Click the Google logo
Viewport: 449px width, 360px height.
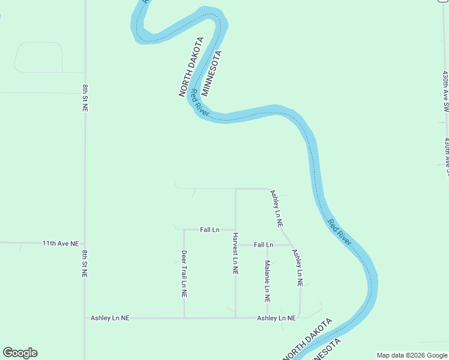pos(20,353)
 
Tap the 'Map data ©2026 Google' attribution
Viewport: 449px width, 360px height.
pos(412,355)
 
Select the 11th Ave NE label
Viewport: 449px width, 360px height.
pos(61,244)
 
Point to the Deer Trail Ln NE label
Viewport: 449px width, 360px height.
pos(184,274)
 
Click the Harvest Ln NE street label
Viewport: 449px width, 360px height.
pos(235,254)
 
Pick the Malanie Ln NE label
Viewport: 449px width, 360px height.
pos(268,281)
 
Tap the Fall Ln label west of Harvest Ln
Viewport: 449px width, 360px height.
pos(209,230)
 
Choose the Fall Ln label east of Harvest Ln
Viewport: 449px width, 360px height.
pos(264,245)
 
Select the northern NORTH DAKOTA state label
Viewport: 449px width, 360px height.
pos(191,67)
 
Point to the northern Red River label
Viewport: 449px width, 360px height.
pos(200,103)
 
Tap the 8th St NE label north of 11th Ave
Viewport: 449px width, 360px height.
pos(85,99)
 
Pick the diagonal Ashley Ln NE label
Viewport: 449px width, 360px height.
pos(277,208)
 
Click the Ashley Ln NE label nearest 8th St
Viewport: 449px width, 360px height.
pos(110,318)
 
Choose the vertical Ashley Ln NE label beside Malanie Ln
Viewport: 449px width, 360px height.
pos(298,268)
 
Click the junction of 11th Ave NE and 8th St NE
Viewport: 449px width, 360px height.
pos(85,244)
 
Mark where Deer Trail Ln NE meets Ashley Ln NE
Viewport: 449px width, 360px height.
pos(184,318)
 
